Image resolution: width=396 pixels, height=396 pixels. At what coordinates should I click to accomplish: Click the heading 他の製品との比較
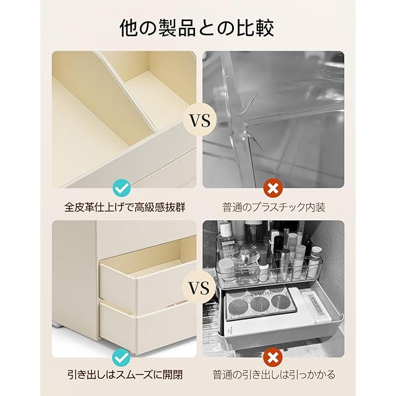click(x=197, y=28)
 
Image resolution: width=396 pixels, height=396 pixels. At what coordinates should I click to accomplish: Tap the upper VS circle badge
click(x=199, y=120)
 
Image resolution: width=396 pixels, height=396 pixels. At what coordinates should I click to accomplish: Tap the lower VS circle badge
click(x=199, y=288)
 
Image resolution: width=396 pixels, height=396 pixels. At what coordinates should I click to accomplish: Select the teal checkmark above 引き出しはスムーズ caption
click(x=121, y=357)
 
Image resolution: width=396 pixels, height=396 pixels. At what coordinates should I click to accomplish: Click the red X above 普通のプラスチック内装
click(x=273, y=188)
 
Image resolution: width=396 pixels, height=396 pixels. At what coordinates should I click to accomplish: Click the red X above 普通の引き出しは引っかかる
click(x=273, y=357)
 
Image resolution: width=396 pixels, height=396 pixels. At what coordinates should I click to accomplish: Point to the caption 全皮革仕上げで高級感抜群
click(x=125, y=207)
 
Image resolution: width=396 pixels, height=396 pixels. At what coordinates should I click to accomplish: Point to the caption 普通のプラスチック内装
click(x=273, y=207)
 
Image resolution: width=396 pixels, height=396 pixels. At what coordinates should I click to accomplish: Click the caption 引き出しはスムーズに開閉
click(x=125, y=374)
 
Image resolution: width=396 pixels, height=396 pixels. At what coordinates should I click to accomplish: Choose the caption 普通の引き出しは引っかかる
click(x=273, y=374)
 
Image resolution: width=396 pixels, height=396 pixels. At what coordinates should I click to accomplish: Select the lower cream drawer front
click(x=148, y=324)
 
